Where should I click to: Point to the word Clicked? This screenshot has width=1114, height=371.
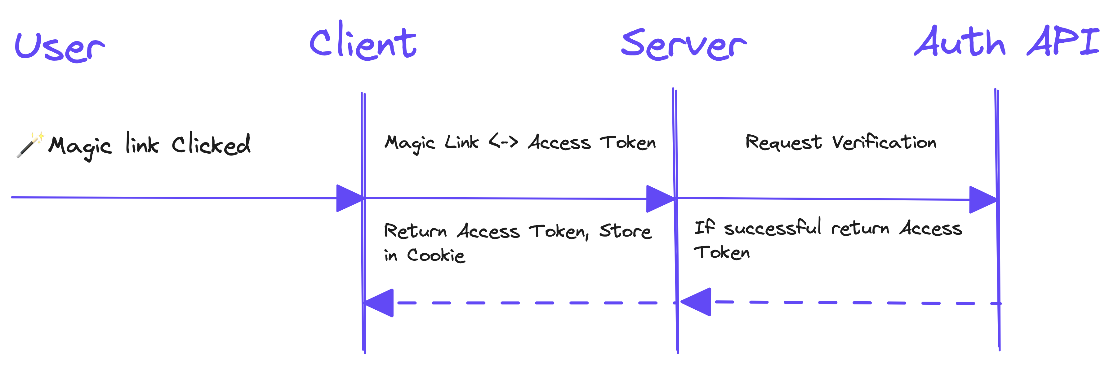pyautogui.click(x=211, y=144)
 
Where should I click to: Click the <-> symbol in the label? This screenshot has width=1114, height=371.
pyautogui.click(x=503, y=142)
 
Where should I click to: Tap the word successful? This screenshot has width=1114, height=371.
pyautogui.click(x=772, y=228)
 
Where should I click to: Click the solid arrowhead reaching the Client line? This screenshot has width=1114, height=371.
pyautogui.click(x=349, y=198)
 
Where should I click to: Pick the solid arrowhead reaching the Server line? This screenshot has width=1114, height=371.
pyautogui.click(x=659, y=199)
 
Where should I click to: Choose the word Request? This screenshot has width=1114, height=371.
pyautogui.click(x=783, y=142)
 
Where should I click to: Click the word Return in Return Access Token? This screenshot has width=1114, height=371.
pyautogui.click(x=415, y=231)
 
